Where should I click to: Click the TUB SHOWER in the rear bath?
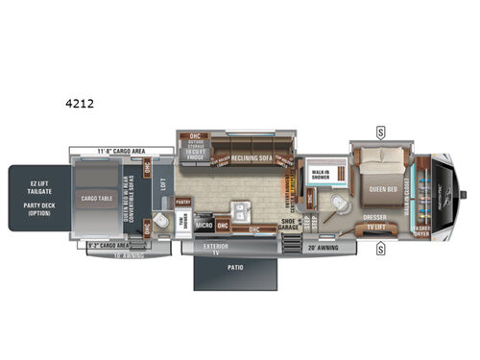(x=182, y=222)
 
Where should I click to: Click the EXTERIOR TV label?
(x=215, y=248)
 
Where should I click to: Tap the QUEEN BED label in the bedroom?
(x=384, y=187)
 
